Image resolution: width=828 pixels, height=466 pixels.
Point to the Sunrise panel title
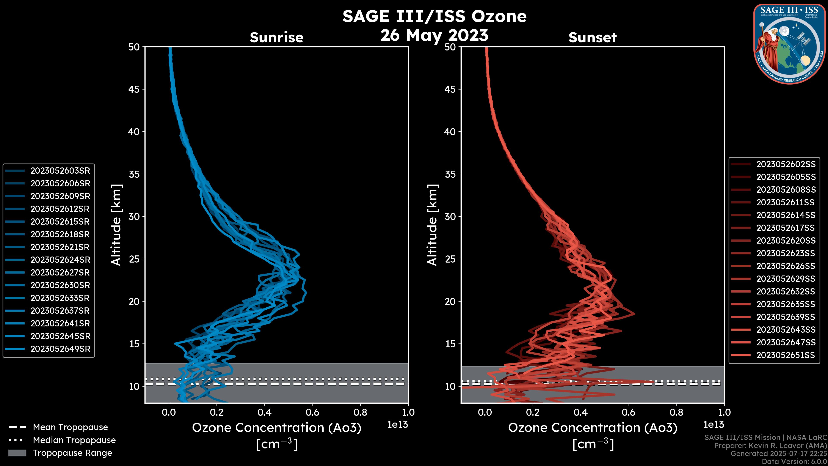(x=276, y=38)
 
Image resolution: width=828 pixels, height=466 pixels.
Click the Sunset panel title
(x=592, y=38)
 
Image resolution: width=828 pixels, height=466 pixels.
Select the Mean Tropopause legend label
(x=70, y=427)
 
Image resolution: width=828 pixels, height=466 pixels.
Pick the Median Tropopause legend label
(x=74, y=440)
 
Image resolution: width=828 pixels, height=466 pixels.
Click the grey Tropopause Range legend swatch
(x=17, y=453)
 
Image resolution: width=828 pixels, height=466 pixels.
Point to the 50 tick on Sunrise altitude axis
(x=134, y=47)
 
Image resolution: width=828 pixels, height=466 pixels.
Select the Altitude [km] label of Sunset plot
(x=432, y=225)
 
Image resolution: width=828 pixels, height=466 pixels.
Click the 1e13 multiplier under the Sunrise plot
(x=398, y=425)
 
